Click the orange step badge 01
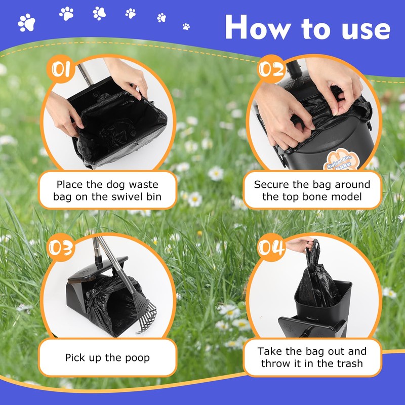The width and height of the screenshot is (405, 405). [x=61, y=69]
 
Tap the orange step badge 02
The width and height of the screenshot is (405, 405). [x=271, y=69]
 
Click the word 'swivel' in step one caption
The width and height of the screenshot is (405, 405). [x=128, y=197]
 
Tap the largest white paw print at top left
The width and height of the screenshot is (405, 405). [x=27, y=23]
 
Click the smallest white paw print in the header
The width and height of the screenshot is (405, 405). [x=186, y=26]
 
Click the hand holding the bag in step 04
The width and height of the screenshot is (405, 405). [x=298, y=245]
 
